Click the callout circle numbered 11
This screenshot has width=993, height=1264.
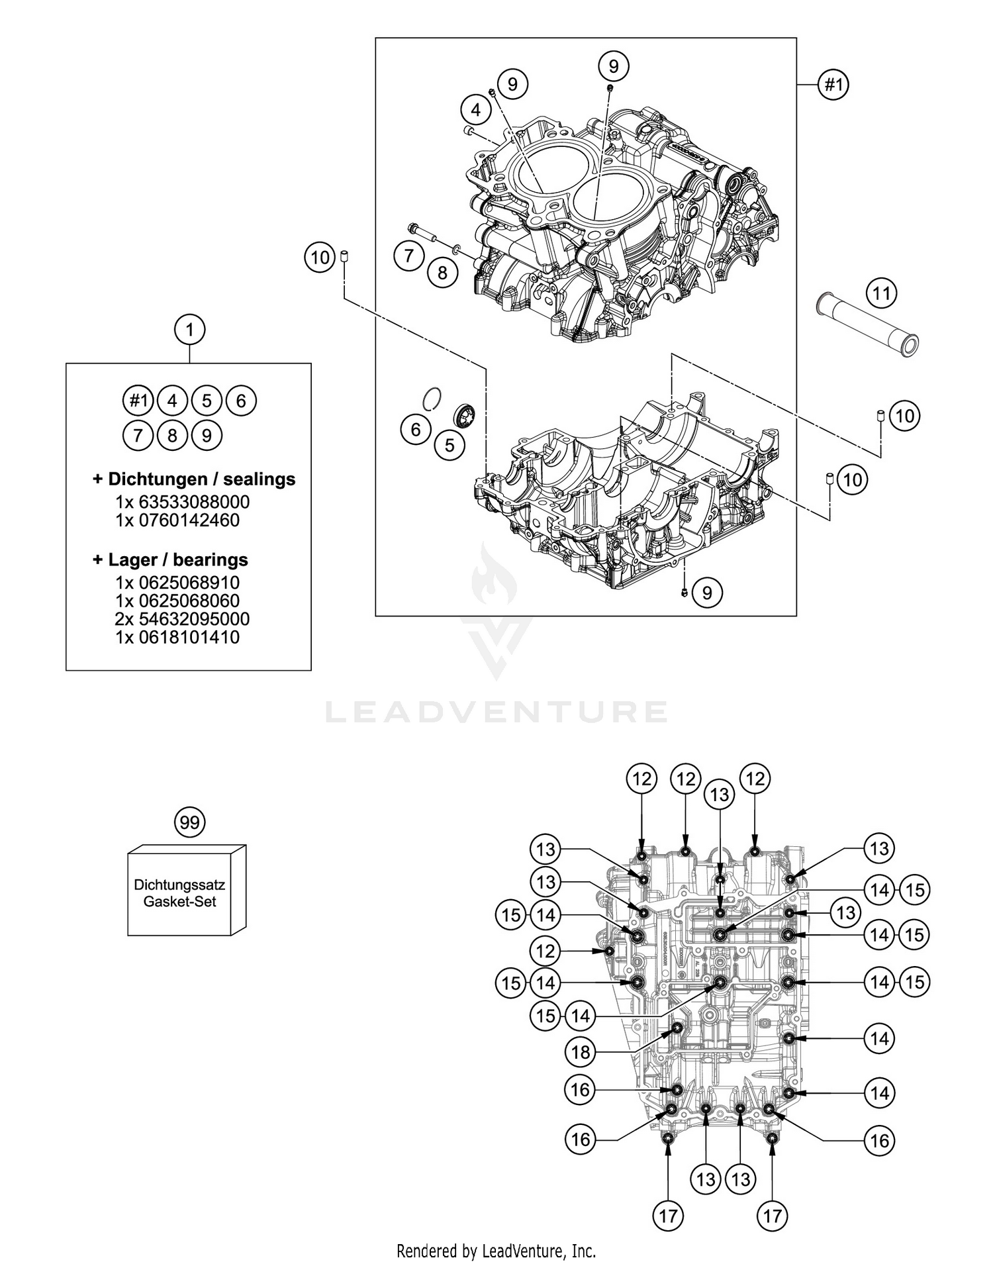point(881,293)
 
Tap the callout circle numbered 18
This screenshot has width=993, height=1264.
point(580,1051)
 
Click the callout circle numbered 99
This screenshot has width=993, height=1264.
point(189,822)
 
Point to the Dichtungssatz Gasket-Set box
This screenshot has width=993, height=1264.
point(180,893)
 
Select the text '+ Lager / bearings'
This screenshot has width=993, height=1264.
point(170,559)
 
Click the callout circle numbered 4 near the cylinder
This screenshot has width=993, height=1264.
point(475,109)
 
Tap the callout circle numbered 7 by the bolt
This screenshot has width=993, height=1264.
point(408,256)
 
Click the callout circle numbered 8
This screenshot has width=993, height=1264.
point(442,272)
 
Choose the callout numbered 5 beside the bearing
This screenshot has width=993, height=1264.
point(449,445)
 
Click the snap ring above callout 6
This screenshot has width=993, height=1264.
point(432,399)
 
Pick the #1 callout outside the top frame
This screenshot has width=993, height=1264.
point(833,85)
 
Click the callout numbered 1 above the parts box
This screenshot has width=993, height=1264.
point(189,329)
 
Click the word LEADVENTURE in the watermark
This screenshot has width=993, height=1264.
point(496,712)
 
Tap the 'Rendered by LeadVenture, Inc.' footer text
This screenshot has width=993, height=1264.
point(496,1251)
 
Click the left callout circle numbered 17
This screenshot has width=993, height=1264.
point(668,1215)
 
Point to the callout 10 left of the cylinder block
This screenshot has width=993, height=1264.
point(320,257)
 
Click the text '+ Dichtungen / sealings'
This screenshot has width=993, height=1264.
point(194,479)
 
